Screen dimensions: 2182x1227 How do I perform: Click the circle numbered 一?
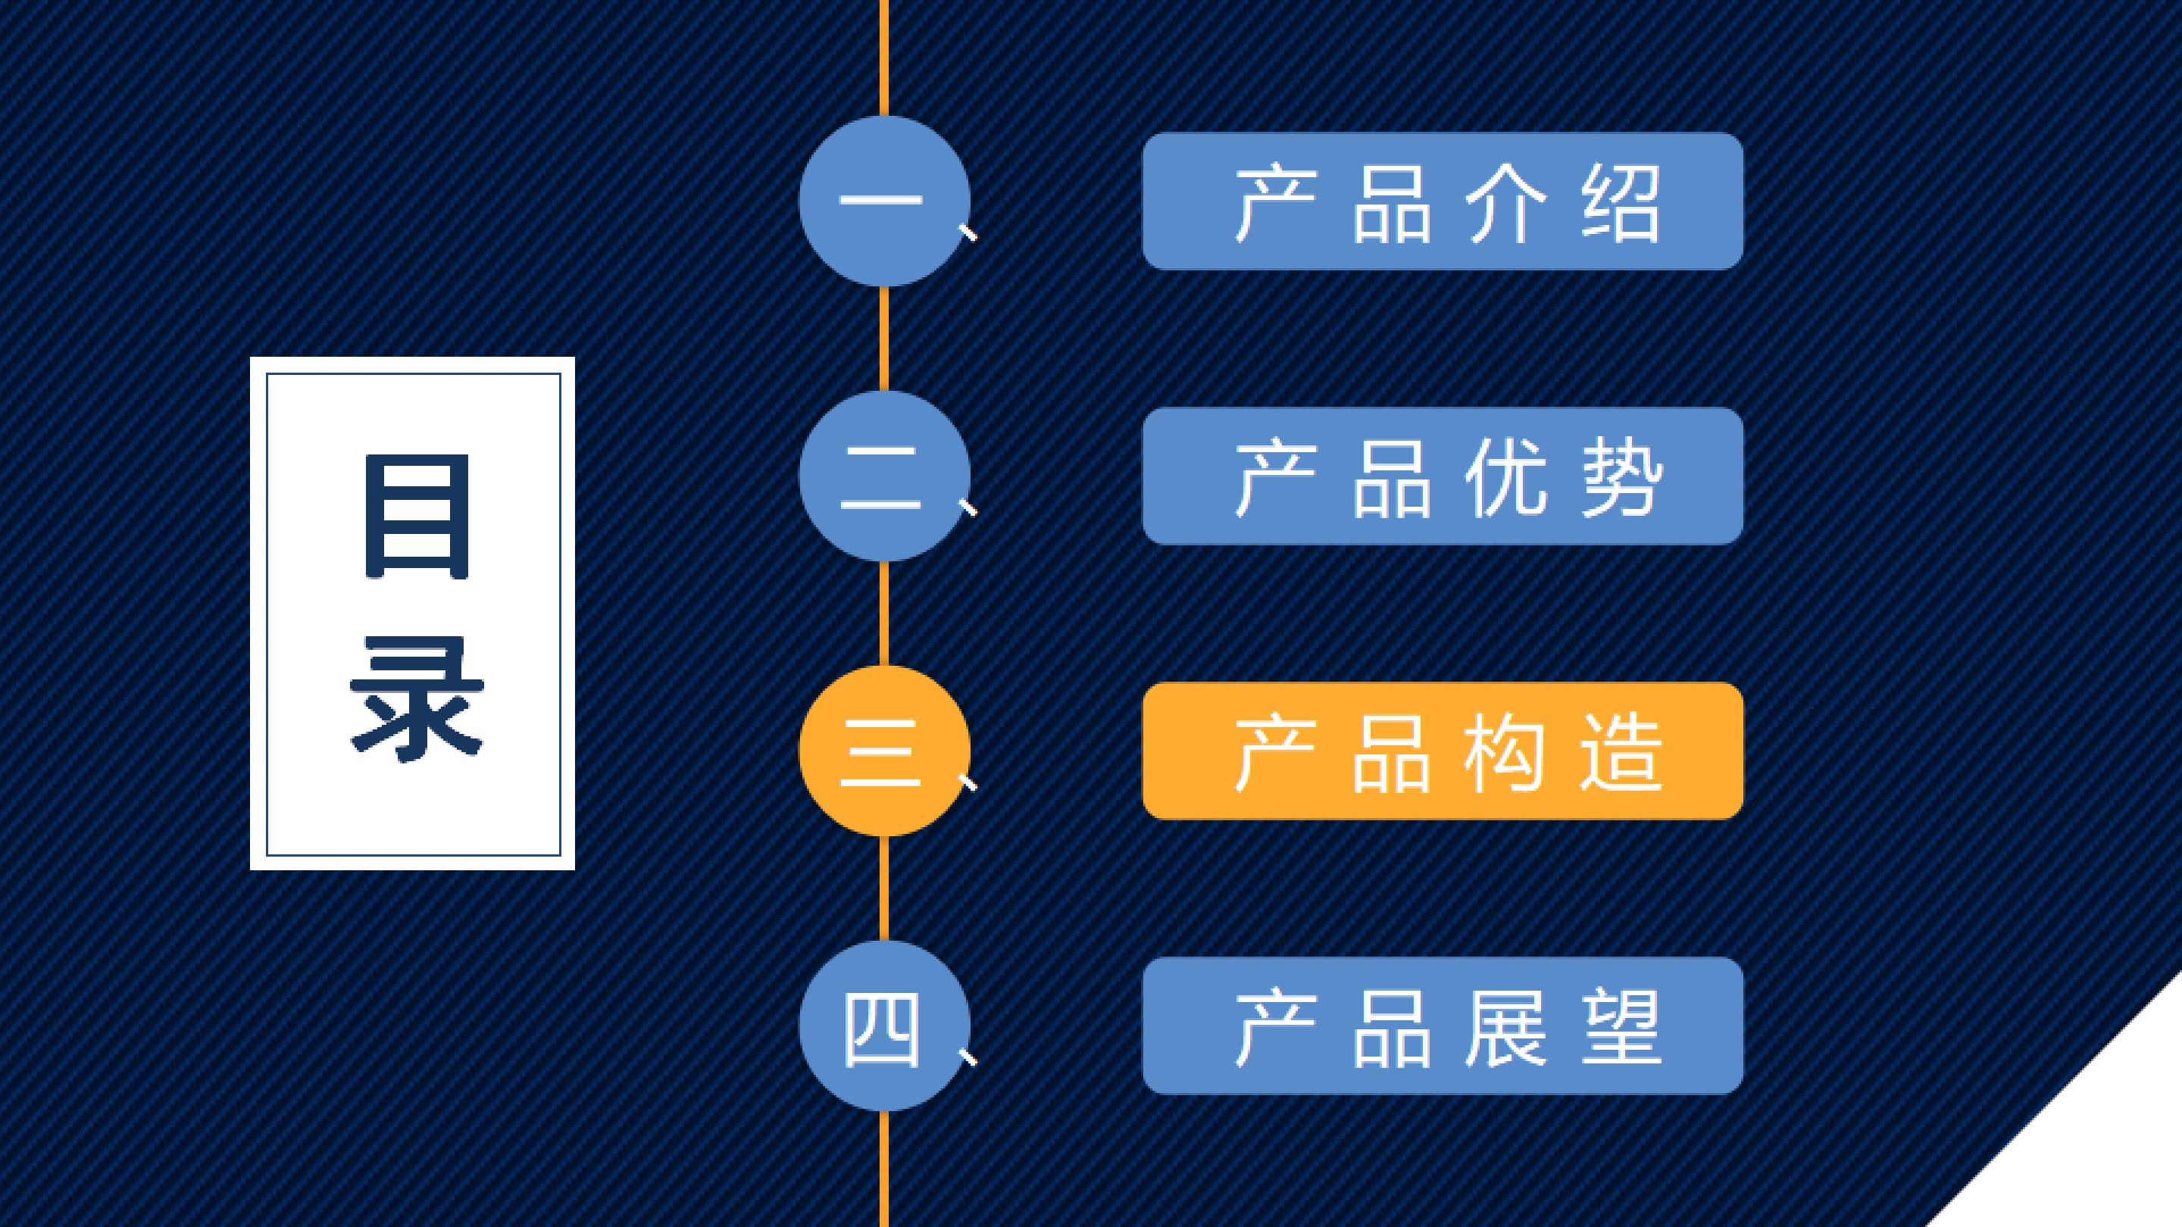pos(884,201)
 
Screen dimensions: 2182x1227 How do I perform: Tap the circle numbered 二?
pos(884,476)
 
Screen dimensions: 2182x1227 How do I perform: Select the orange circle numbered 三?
pos(884,751)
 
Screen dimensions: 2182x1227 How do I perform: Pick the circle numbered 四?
pos(884,1026)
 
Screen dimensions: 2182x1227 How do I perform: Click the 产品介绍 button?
pos(1443,201)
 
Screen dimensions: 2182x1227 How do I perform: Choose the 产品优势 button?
pos(1443,476)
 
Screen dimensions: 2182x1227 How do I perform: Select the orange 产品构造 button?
pos(1443,751)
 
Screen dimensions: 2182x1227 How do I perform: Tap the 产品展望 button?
pos(1443,1026)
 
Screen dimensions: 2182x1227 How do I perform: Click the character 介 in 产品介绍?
pos(1506,203)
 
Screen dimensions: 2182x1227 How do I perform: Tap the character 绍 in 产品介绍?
pos(1621,203)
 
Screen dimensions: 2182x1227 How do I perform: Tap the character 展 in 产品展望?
pos(1506,1028)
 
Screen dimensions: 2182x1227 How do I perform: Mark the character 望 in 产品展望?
pos(1621,1028)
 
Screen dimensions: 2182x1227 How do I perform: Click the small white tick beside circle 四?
pos(967,1057)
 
